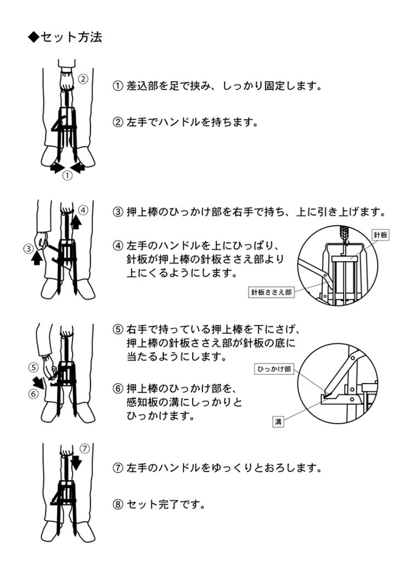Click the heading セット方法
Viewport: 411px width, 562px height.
(x=71, y=37)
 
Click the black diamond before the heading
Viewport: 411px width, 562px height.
(x=33, y=37)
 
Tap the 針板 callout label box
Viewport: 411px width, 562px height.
(x=380, y=235)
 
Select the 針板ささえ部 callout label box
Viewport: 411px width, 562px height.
(x=271, y=292)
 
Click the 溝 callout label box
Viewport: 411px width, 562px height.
(x=278, y=421)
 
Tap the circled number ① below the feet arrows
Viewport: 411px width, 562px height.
(x=67, y=175)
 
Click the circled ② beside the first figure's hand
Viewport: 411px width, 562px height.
(x=83, y=78)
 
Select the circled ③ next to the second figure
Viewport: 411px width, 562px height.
(x=29, y=249)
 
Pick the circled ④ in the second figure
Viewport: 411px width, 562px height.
(x=83, y=210)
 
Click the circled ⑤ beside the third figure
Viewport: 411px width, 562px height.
(x=33, y=367)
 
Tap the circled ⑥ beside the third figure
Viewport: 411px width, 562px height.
(x=33, y=394)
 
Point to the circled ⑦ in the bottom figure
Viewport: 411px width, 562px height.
(x=84, y=448)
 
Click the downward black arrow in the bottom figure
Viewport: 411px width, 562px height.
(x=76, y=462)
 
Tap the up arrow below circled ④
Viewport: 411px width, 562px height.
(x=76, y=221)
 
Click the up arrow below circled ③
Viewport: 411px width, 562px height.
(x=37, y=258)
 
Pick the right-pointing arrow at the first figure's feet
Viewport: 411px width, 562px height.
(x=57, y=167)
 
